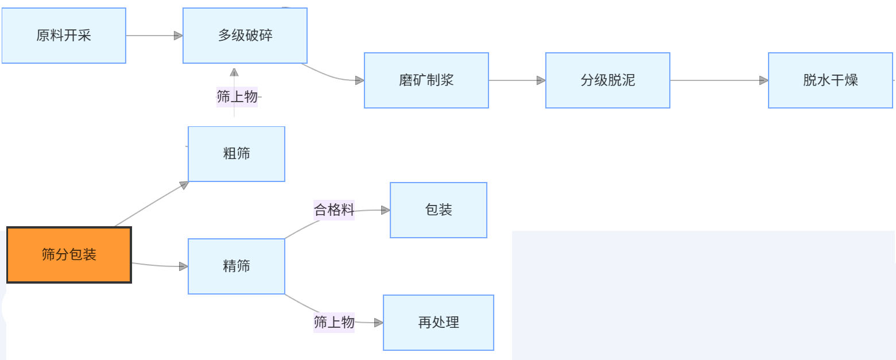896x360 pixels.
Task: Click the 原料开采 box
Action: pyautogui.click(x=64, y=36)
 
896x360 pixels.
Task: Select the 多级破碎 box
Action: pyautogui.click(x=245, y=36)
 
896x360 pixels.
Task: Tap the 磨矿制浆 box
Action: pyautogui.click(x=426, y=80)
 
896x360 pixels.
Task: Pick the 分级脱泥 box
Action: pyautogui.click(x=608, y=80)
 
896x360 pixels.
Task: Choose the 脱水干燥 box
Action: pyautogui.click(x=831, y=80)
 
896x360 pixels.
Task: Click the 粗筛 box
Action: pyautogui.click(x=236, y=154)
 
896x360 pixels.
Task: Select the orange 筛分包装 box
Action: pyautogui.click(x=69, y=255)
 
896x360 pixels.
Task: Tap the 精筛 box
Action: pyautogui.click(x=236, y=266)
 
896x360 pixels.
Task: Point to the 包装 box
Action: pyautogui.click(x=439, y=210)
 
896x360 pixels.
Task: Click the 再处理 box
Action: pyautogui.click(x=439, y=323)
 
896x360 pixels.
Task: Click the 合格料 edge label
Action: pyautogui.click(x=334, y=210)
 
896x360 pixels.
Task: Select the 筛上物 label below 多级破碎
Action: pyautogui.click(x=237, y=96)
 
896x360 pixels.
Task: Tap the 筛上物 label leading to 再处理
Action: pyautogui.click(x=334, y=322)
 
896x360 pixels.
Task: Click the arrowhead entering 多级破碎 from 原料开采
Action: pyautogui.click(x=179, y=36)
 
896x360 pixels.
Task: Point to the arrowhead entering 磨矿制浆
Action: pyautogui.click(x=360, y=80)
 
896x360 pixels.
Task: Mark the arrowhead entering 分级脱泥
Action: pyautogui.click(x=541, y=80)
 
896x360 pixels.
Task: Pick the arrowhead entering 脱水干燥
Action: pyautogui.click(x=764, y=80)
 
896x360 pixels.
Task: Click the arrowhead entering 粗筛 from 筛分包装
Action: pyautogui.click(x=184, y=184)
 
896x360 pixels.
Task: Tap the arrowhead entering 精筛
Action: pyautogui.click(x=184, y=266)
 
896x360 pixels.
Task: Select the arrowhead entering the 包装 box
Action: pyautogui.click(x=386, y=210)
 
